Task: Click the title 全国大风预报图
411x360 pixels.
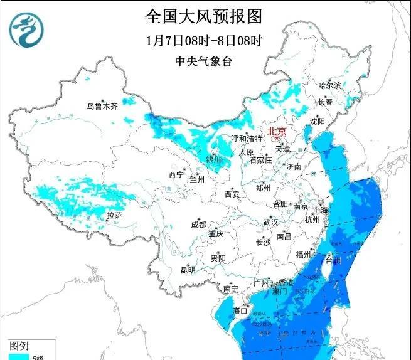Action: (203, 14)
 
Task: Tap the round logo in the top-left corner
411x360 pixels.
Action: (28, 28)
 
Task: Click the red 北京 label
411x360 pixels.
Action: (277, 131)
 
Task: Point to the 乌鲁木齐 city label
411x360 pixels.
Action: (102, 106)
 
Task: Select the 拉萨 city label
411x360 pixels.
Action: (114, 215)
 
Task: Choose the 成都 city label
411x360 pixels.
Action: (199, 224)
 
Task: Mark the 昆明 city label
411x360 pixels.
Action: (188, 270)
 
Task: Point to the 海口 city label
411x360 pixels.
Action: (241, 310)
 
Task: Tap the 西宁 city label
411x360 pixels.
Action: (176, 174)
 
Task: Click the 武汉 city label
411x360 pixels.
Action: (270, 222)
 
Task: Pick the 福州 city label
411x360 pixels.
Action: (304, 254)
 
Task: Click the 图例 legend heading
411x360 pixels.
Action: (19, 346)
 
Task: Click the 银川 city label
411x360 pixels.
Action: (214, 160)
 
